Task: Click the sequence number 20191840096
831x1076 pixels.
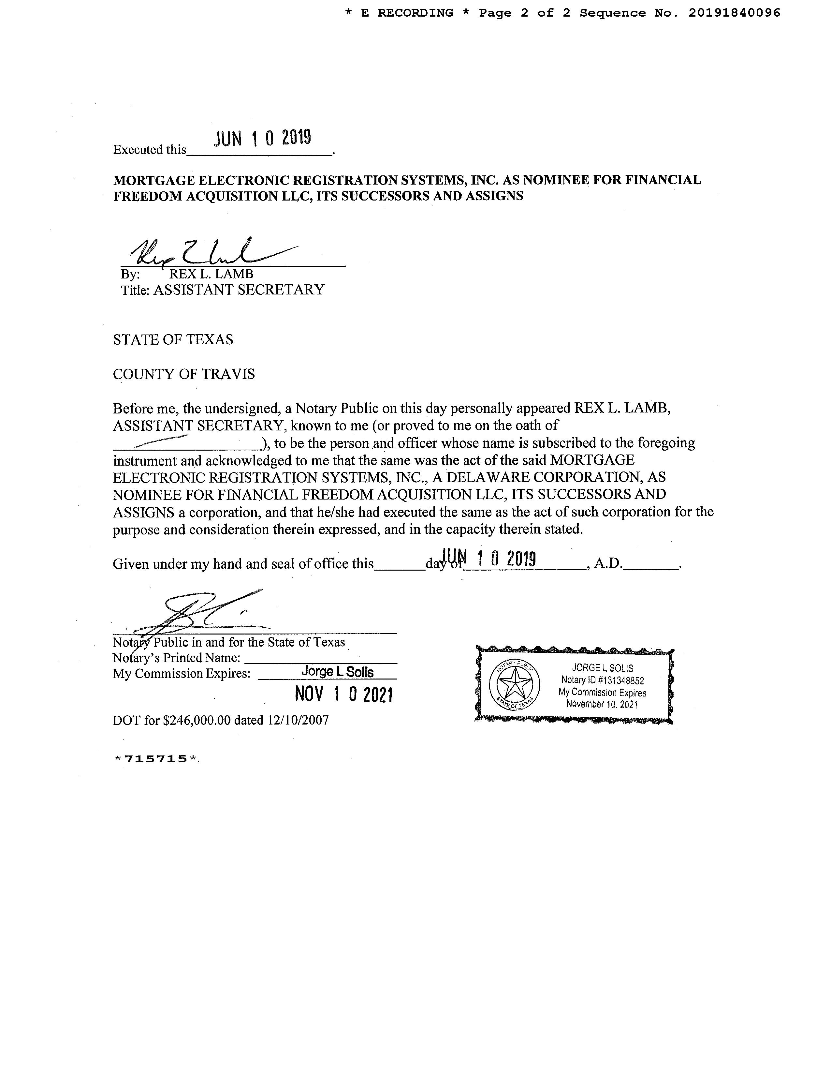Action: pyautogui.click(x=734, y=13)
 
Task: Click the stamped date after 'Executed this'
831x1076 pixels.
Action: pyautogui.click(x=263, y=139)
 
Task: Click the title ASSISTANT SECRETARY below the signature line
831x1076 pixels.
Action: pyautogui.click(x=239, y=290)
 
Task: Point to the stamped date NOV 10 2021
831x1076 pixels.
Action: pyautogui.click(x=343, y=694)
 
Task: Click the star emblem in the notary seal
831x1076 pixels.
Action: pyautogui.click(x=515, y=684)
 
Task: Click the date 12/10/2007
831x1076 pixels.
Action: pyautogui.click(x=298, y=720)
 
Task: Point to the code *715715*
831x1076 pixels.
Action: pyautogui.click(x=155, y=759)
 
